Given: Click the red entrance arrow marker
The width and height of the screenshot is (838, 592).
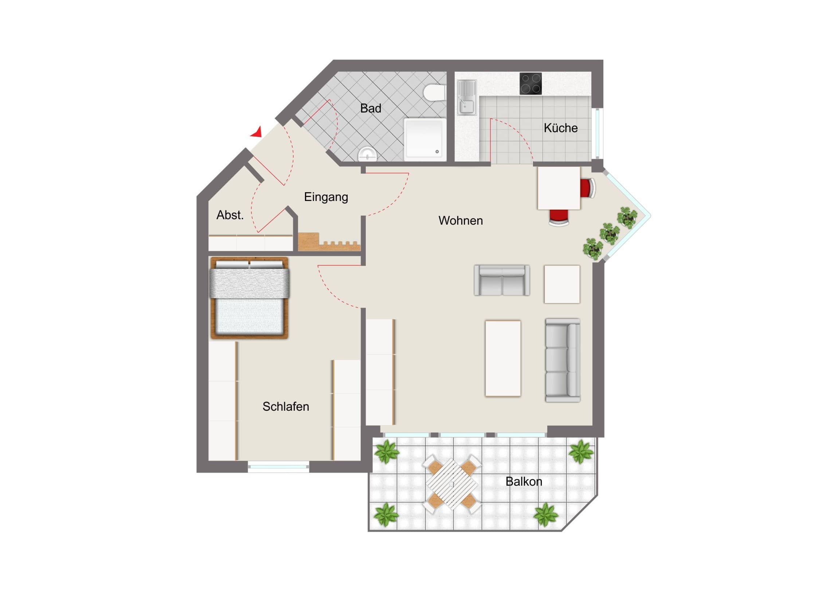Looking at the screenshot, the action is [257, 133].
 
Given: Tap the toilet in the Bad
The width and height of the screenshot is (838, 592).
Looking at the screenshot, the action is [435, 92].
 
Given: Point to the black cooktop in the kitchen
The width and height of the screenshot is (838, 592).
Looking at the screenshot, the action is [531, 83].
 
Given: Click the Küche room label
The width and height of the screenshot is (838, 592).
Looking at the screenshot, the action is [561, 128].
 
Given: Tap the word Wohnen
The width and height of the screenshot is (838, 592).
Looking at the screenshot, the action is [461, 221].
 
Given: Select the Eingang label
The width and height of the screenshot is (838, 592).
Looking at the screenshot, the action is [326, 197].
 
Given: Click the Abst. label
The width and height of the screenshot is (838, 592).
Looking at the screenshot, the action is [230, 215].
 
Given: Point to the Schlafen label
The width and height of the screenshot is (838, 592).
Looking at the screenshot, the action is [286, 407].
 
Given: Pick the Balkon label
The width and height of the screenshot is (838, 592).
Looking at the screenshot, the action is [524, 482].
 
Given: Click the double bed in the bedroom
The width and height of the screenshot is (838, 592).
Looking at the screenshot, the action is [250, 298].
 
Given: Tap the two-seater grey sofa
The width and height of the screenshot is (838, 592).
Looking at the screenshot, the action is [502, 280].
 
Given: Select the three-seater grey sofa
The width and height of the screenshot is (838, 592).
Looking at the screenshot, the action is [563, 360].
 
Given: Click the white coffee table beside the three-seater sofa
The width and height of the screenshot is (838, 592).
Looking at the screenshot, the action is [503, 359].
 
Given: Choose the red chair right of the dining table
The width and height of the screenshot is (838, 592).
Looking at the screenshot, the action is [588, 188].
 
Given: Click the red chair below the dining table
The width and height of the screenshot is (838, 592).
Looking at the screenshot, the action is [559, 217].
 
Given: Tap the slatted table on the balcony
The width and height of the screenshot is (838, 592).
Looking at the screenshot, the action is [452, 484].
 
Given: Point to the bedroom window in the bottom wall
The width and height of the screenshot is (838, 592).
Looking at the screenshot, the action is [278, 466].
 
